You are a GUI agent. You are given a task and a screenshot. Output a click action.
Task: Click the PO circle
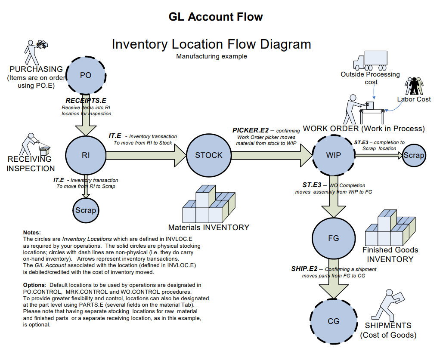86,75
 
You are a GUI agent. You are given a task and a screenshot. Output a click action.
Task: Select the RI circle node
86,155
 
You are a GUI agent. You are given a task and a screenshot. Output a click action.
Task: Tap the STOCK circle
208,155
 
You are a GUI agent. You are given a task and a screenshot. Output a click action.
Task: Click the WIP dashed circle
333,155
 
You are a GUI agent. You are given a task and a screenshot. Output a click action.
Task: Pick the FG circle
333,238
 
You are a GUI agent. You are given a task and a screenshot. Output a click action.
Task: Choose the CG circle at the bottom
333,321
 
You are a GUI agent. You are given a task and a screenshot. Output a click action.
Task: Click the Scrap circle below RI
86,210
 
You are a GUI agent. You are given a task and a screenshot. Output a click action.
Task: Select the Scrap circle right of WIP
413,155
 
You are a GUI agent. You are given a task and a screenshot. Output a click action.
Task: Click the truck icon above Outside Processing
370,61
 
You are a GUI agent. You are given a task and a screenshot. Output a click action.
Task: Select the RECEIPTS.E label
86,101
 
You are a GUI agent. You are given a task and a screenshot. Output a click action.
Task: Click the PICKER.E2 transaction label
251,130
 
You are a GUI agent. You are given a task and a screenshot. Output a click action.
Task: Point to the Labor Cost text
413,99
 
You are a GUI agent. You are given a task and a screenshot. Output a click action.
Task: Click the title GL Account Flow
216,17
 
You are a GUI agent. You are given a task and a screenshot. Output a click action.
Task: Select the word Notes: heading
32,232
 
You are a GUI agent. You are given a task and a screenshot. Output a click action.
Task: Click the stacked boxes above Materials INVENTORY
209,204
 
